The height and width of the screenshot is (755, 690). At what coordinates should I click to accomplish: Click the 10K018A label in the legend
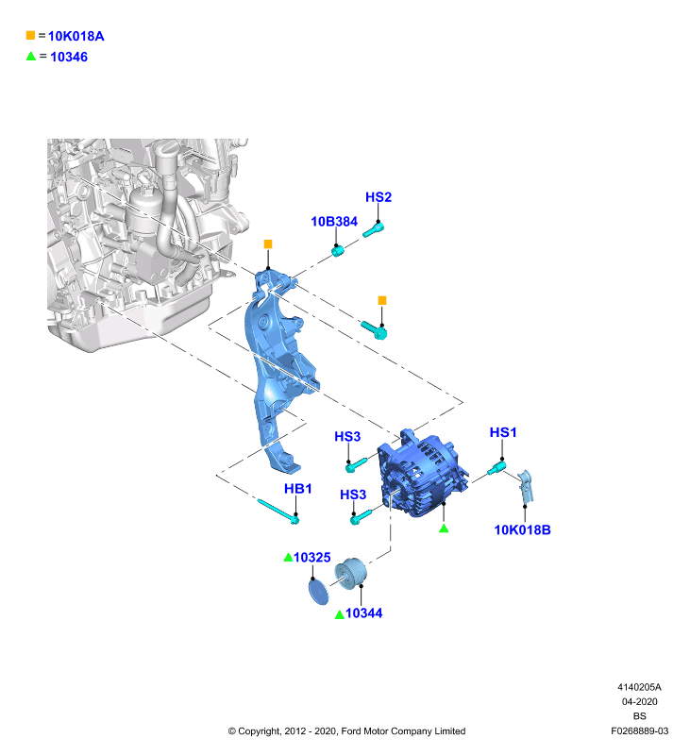[x=76, y=36]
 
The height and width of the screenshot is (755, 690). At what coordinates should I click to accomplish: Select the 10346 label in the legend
[x=69, y=57]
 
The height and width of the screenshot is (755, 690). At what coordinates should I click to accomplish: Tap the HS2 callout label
[x=379, y=197]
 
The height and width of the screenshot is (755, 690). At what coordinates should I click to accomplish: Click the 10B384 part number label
[x=334, y=222]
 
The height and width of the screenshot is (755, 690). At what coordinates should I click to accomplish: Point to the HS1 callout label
[x=503, y=432]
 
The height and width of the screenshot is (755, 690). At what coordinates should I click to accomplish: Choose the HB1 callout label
[x=298, y=489]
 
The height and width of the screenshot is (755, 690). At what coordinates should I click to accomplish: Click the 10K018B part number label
[x=522, y=529]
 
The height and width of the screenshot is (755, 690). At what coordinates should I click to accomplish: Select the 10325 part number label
[x=312, y=557]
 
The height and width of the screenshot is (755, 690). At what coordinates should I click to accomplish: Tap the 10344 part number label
[x=364, y=612]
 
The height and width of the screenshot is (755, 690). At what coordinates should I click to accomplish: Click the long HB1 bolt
[x=278, y=512]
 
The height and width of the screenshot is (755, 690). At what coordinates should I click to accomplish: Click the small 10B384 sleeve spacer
[x=338, y=250]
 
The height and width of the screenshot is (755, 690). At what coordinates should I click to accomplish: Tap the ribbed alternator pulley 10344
[x=351, y=573]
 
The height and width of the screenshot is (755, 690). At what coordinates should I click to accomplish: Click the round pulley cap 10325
[x=318, y=592]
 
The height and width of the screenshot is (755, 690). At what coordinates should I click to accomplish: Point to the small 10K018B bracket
[x=527, y=486]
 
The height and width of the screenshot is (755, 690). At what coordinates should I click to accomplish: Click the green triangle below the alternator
[x=444, y=528]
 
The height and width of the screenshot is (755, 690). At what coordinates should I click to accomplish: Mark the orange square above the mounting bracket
[x=268, y=244]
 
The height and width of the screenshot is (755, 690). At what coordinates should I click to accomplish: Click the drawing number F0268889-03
[x=639, y=730]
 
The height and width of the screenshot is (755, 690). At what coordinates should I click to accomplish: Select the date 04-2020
[x=639, y=701]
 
